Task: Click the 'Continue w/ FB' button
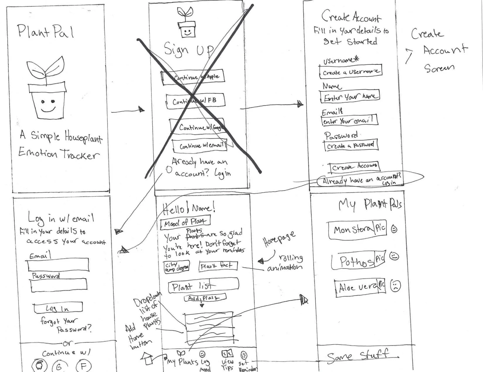pos(195,101)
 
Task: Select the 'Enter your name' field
pos(350,96)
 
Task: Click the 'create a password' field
pos(351,145)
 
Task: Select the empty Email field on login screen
pos(58,265)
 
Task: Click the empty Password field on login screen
pos(59,285)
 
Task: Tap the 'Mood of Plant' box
pos(185,222)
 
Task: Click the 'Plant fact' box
pos(218,266)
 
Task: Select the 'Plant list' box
pos(203,286)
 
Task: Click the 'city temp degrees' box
pos(176,267)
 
